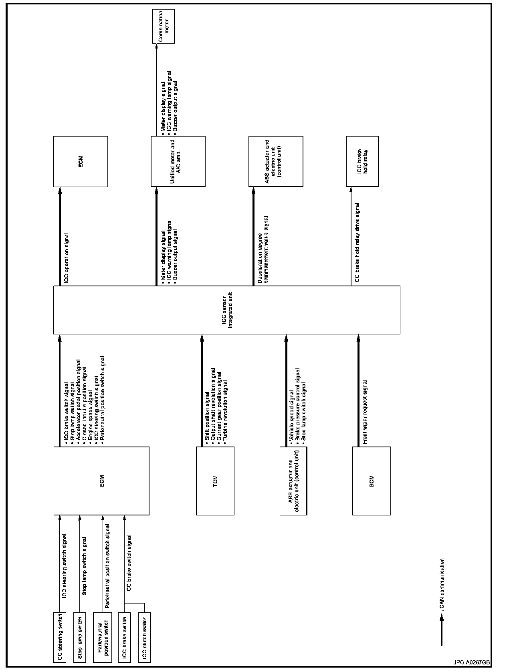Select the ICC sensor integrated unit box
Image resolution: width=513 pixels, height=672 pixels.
pos(226,310)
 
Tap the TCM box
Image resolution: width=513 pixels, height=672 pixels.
pos(215,481)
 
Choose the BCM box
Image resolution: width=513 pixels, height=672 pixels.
pos(372,481)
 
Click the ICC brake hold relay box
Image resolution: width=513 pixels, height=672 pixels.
pos(362,161)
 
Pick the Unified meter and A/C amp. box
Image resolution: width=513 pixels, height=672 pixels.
pos(178,161)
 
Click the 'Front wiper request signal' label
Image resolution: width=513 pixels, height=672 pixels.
pos(364,412)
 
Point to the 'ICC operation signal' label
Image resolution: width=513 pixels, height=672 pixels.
pos(67,258)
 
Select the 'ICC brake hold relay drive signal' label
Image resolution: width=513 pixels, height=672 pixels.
pos(357,243)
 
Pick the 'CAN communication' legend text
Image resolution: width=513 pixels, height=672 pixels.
pos(442,589)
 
